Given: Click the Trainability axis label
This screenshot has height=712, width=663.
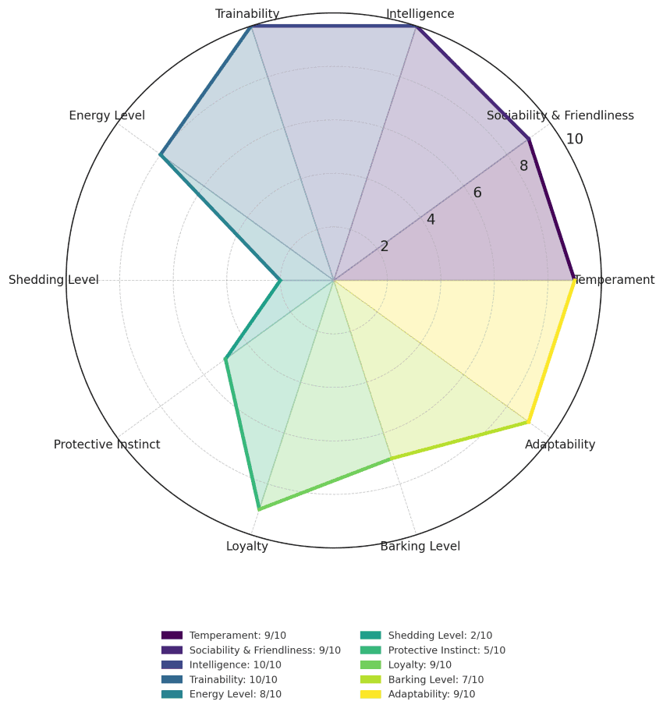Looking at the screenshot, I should (247, 14).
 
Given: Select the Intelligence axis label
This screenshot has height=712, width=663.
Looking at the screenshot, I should (420, 14).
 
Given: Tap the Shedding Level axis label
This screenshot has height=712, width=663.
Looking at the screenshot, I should (54, 280).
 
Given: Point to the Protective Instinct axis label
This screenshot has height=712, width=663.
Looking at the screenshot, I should (107, 445).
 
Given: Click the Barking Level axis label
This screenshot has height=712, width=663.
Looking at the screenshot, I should (420, 546).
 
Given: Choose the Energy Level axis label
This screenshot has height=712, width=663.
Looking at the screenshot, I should (107, 116).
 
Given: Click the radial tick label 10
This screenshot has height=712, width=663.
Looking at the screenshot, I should (574, 140).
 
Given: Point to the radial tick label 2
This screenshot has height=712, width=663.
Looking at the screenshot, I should (385, 246).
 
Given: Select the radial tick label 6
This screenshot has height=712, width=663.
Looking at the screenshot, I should (477, 193).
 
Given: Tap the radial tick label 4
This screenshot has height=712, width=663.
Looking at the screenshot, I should (431, 220).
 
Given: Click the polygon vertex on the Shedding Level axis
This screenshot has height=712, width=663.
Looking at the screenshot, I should (280, 280).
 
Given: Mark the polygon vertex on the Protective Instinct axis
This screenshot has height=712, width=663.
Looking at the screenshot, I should (225, 359).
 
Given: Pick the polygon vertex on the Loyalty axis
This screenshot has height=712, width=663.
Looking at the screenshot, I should (259, 509).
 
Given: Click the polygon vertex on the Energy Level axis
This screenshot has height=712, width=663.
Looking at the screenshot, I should (161, 155).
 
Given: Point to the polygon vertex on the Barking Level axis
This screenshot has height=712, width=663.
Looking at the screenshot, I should (391, 459).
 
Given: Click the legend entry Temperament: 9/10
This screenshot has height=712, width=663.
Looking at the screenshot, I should (237, 636).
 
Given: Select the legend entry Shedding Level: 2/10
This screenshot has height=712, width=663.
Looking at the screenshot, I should (440, 636).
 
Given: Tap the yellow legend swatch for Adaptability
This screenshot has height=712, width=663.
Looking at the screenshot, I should (370, 694).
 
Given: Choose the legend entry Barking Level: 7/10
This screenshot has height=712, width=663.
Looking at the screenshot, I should (435, 679).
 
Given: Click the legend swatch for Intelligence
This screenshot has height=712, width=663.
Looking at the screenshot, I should (172, 665).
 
